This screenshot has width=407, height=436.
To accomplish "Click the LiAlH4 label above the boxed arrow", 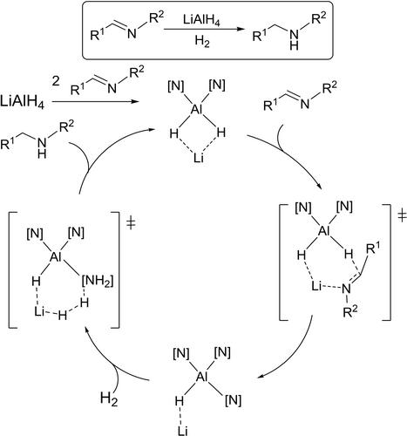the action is pos(201,21).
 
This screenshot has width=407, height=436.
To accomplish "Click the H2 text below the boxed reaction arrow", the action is pos(202,42).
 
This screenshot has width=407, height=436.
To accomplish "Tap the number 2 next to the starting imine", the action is pos(56,81).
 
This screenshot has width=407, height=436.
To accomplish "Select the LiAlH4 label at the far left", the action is pos(23,102).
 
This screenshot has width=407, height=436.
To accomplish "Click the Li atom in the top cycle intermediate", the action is pos(199,159).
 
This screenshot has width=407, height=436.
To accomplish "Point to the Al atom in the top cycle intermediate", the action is pos(197,110).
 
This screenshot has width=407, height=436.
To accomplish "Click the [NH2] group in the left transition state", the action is pos(98,282).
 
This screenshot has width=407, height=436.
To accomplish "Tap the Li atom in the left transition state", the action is pos(39,312).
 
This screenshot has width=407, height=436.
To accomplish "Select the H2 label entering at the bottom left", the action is pos(109,399).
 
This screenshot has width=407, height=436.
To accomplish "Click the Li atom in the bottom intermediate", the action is pos(182,431).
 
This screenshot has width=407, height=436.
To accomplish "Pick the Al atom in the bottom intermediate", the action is pos(202,377).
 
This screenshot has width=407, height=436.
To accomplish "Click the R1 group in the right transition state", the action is pos(373,249).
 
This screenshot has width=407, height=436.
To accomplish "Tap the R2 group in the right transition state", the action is pos(350,311).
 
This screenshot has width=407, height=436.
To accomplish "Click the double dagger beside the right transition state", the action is pos(402,216).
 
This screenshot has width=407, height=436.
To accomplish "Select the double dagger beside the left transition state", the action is pos(132,223).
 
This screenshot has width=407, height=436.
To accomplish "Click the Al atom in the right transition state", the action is pos(324,231).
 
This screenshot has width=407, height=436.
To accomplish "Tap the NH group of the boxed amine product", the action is pos(295,40).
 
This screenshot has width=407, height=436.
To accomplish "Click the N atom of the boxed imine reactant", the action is pos(132,34).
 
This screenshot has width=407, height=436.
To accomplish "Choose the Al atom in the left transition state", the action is pos(56,256).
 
